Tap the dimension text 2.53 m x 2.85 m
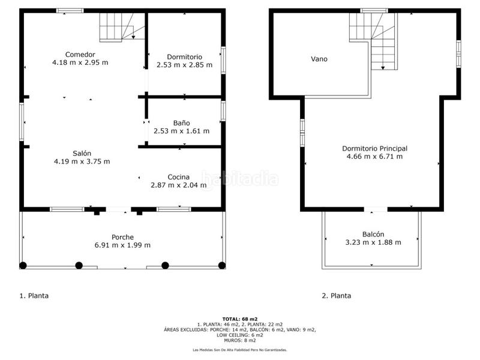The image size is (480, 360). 184,65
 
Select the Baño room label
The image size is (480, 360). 181,122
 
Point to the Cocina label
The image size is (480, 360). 179,177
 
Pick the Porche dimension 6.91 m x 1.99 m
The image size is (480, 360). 122,245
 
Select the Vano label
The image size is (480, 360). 319,59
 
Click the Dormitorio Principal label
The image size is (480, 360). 374,148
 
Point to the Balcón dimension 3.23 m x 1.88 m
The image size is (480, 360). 373,242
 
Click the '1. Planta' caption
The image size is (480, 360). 34,296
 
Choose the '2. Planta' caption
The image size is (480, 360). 337,296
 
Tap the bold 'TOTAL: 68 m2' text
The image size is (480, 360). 239,319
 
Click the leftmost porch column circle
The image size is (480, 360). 23,265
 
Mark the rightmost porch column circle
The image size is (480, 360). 222,265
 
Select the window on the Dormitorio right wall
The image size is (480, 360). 223,59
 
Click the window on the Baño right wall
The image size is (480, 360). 223,111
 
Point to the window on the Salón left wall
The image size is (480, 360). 22,122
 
